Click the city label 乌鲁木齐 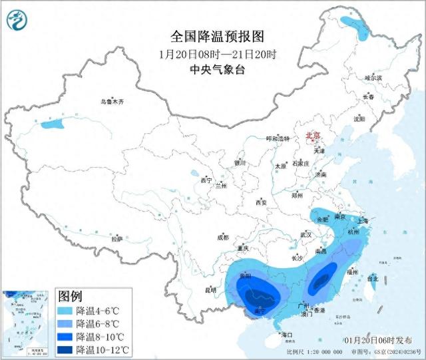click(x=112, y=102)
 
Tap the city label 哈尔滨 click(x=373, y=78)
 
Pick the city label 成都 click(x=222, y=237)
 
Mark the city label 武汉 click(x=306, y=234)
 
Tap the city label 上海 click(x=363, y=221)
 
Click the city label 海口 click(x=287, y=334)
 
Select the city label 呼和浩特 click(x=278, y=138)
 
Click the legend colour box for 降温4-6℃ click(x=65, y=311)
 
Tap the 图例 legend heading click(x=71, y=295)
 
